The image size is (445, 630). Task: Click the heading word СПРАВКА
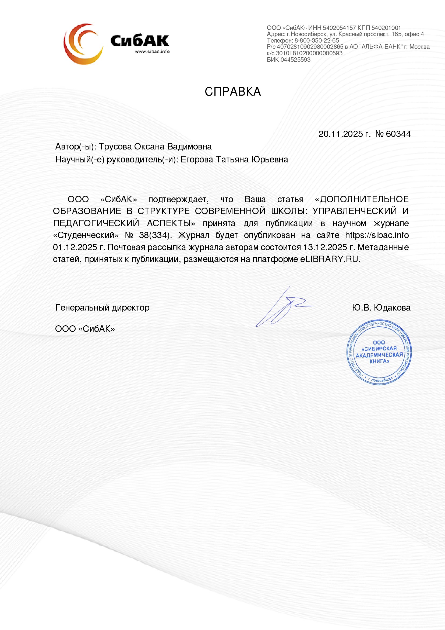tap(233, 92)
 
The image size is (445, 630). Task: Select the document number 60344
tap(398, 134)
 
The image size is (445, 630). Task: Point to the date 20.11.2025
tap(341, 134)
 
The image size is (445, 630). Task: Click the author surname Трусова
tap(115, 147)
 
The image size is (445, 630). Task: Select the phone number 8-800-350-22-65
tap(317, 41)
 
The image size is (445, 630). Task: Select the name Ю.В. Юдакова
tap(381, 308)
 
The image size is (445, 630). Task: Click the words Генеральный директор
tap(102, 308)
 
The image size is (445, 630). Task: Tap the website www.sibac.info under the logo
tap(152, 52)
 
